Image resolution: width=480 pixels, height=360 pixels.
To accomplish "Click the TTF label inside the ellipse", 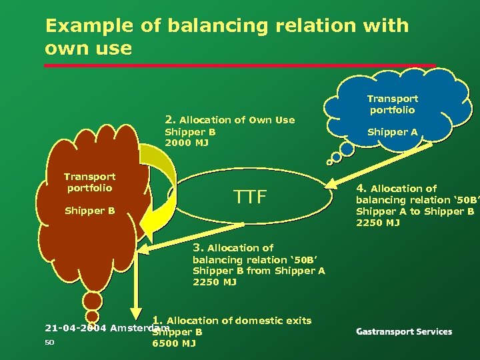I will [250, 197].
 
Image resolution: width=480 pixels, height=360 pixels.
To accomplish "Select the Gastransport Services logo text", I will [404, 331].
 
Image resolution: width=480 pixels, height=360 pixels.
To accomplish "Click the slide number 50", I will [49, 343].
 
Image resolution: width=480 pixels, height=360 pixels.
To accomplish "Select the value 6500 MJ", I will [174, 343].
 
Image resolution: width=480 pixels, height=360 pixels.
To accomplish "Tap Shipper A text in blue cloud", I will [392, 132].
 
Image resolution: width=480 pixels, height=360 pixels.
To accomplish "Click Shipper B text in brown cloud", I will [89, 211].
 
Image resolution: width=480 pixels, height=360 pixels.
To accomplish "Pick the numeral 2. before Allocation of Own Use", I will [170, 119].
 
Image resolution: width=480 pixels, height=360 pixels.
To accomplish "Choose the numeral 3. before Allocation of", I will [198, 247].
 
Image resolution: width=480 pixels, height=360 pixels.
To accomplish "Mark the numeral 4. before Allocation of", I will [361, 188].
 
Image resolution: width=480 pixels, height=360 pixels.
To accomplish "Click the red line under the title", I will [240, 65].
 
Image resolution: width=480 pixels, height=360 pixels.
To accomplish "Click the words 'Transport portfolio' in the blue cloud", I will [392, 104].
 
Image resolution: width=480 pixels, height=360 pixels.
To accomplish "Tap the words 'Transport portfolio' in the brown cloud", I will [89, 182].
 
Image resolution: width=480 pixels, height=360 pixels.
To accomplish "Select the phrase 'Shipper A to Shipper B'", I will [415, 211].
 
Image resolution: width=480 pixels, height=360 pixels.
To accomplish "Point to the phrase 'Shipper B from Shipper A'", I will [259, 271].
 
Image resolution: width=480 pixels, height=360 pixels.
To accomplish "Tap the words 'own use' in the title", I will [88, 48].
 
